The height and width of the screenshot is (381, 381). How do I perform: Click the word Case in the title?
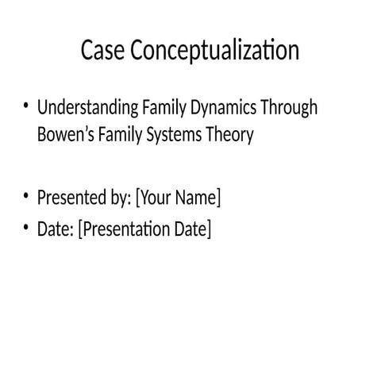click(103, 52)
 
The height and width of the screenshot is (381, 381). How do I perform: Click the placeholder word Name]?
click(198, 197)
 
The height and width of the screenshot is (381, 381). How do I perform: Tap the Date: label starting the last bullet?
click(56, 230)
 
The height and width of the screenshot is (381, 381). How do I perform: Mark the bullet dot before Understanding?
click(26, 106)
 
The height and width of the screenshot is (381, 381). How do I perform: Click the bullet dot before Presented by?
click(26, 195)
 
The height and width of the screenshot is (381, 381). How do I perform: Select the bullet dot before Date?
click(26, 229)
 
